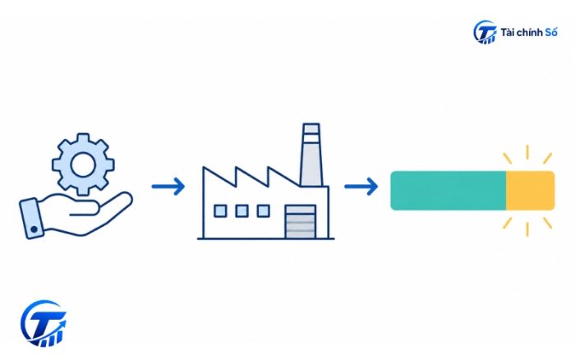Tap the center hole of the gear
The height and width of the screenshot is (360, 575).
[x=83, y=164]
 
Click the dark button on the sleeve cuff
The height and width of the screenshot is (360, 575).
[x=34, y=229]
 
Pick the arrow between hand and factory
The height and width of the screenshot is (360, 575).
[x=168, y=187]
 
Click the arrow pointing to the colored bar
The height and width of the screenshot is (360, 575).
[x=361, y=187]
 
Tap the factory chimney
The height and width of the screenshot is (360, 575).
[x=311, y=155]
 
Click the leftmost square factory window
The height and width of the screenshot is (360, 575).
[x=220, y=211]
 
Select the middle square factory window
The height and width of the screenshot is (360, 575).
[x=241, y=211]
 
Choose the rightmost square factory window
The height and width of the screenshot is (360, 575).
[x=264, y=211]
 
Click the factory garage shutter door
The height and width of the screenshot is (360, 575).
[x=301, y=222]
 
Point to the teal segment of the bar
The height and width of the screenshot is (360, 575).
[x=448, y=191]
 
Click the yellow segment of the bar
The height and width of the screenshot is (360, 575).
[x=531, y=191]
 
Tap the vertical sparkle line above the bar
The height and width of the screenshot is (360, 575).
[x=527, y=152]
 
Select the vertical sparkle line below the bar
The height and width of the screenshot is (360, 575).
[x=527, y=229]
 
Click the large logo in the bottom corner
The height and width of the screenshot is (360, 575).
[x=44, y=324]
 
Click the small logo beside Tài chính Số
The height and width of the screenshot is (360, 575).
[x=485, y=32]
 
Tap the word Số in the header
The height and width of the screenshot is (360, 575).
[x=551, y=32]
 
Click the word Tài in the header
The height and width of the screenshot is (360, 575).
[x=507, y=33]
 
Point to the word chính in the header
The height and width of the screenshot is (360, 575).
[x=529, y=33]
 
